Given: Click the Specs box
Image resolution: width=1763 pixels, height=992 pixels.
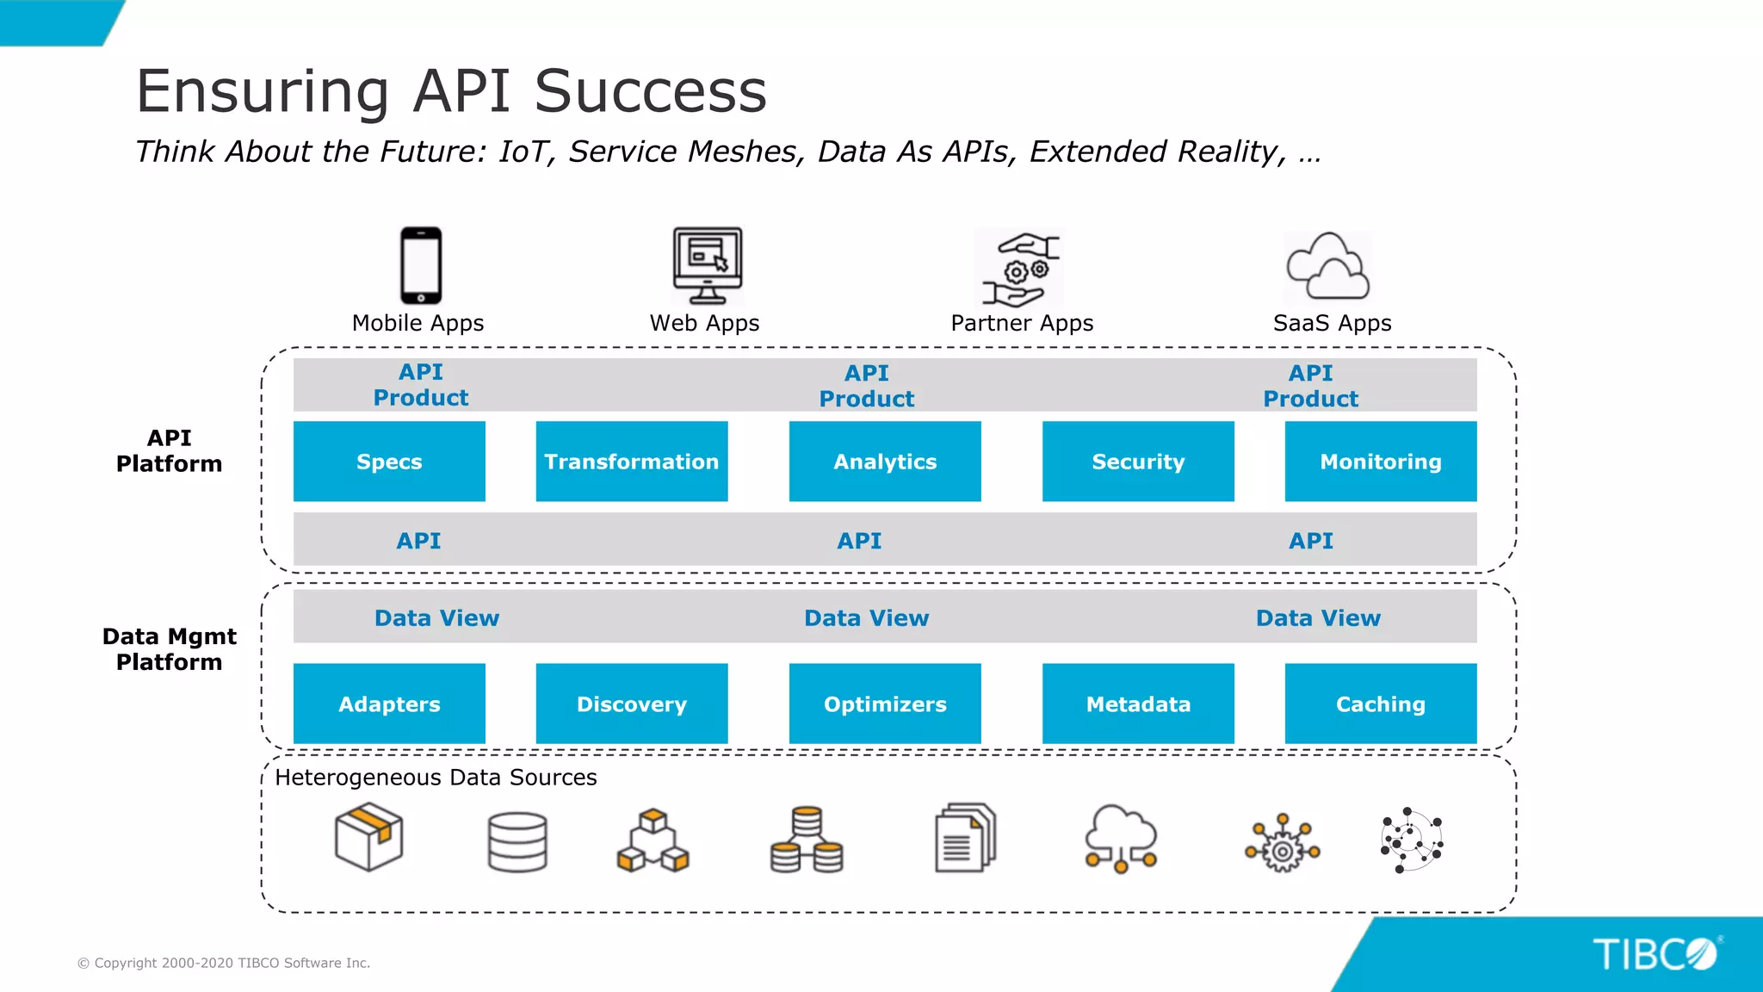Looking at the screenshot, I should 389,462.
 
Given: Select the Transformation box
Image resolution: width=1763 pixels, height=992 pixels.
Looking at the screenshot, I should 631,462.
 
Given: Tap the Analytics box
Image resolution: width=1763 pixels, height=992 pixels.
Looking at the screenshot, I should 885,462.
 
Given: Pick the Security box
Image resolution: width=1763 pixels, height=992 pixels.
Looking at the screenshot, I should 1138,462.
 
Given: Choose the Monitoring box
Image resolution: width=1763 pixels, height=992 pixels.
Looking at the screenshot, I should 1381,462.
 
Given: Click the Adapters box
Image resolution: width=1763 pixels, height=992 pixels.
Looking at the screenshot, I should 389,704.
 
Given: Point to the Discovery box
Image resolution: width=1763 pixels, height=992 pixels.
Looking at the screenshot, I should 631,704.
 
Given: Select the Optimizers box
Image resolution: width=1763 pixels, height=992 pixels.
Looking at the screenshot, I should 885,704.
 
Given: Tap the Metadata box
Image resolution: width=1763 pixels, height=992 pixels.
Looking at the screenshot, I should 1138,704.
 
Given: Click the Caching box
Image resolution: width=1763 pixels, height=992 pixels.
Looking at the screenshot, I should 1381,704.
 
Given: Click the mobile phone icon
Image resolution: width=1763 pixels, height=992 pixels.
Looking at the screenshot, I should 421,265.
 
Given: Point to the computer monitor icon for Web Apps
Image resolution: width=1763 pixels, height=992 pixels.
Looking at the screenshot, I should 707,265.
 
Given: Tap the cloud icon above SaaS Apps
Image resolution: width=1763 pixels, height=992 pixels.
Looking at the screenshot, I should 1327,267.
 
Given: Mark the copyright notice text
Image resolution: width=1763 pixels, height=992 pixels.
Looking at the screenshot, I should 224,963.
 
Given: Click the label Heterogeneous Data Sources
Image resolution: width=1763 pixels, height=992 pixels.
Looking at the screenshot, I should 436,778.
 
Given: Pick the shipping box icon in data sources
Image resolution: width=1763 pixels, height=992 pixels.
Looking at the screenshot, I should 368,837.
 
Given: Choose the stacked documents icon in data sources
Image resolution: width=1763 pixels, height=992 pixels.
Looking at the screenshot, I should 965,838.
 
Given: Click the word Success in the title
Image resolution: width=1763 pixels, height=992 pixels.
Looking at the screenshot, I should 650,91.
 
